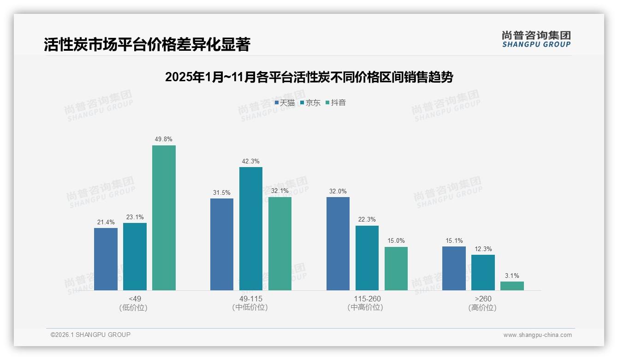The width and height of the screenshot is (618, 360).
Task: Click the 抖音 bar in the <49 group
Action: pos(164,218)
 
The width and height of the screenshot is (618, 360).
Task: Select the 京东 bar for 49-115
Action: pos(251,228)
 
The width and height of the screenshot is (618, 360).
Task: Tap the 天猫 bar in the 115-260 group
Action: pos(338,244)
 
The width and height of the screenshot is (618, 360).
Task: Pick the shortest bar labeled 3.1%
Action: pos(512,286)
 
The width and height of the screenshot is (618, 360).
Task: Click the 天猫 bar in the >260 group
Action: pos(454,268)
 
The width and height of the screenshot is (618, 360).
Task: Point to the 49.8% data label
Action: pos(164,139)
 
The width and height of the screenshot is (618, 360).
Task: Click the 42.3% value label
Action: pos(251,161)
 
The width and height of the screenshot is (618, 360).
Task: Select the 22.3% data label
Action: pos(367,219)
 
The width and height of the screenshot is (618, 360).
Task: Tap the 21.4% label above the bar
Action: pos(106,222)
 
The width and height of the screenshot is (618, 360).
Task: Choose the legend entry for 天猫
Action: pos(285,102)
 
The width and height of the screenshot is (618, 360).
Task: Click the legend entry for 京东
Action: pos(310,102)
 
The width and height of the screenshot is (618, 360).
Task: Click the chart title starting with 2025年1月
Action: pos(309,77)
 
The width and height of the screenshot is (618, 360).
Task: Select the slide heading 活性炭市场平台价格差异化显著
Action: pos(147,45)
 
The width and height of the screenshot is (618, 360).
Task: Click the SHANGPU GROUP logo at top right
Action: pos(536,39)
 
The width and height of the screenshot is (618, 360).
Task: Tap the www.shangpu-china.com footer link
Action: pos(537,335)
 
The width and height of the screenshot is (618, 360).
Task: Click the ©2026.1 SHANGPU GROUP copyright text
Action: pos(90,335)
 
